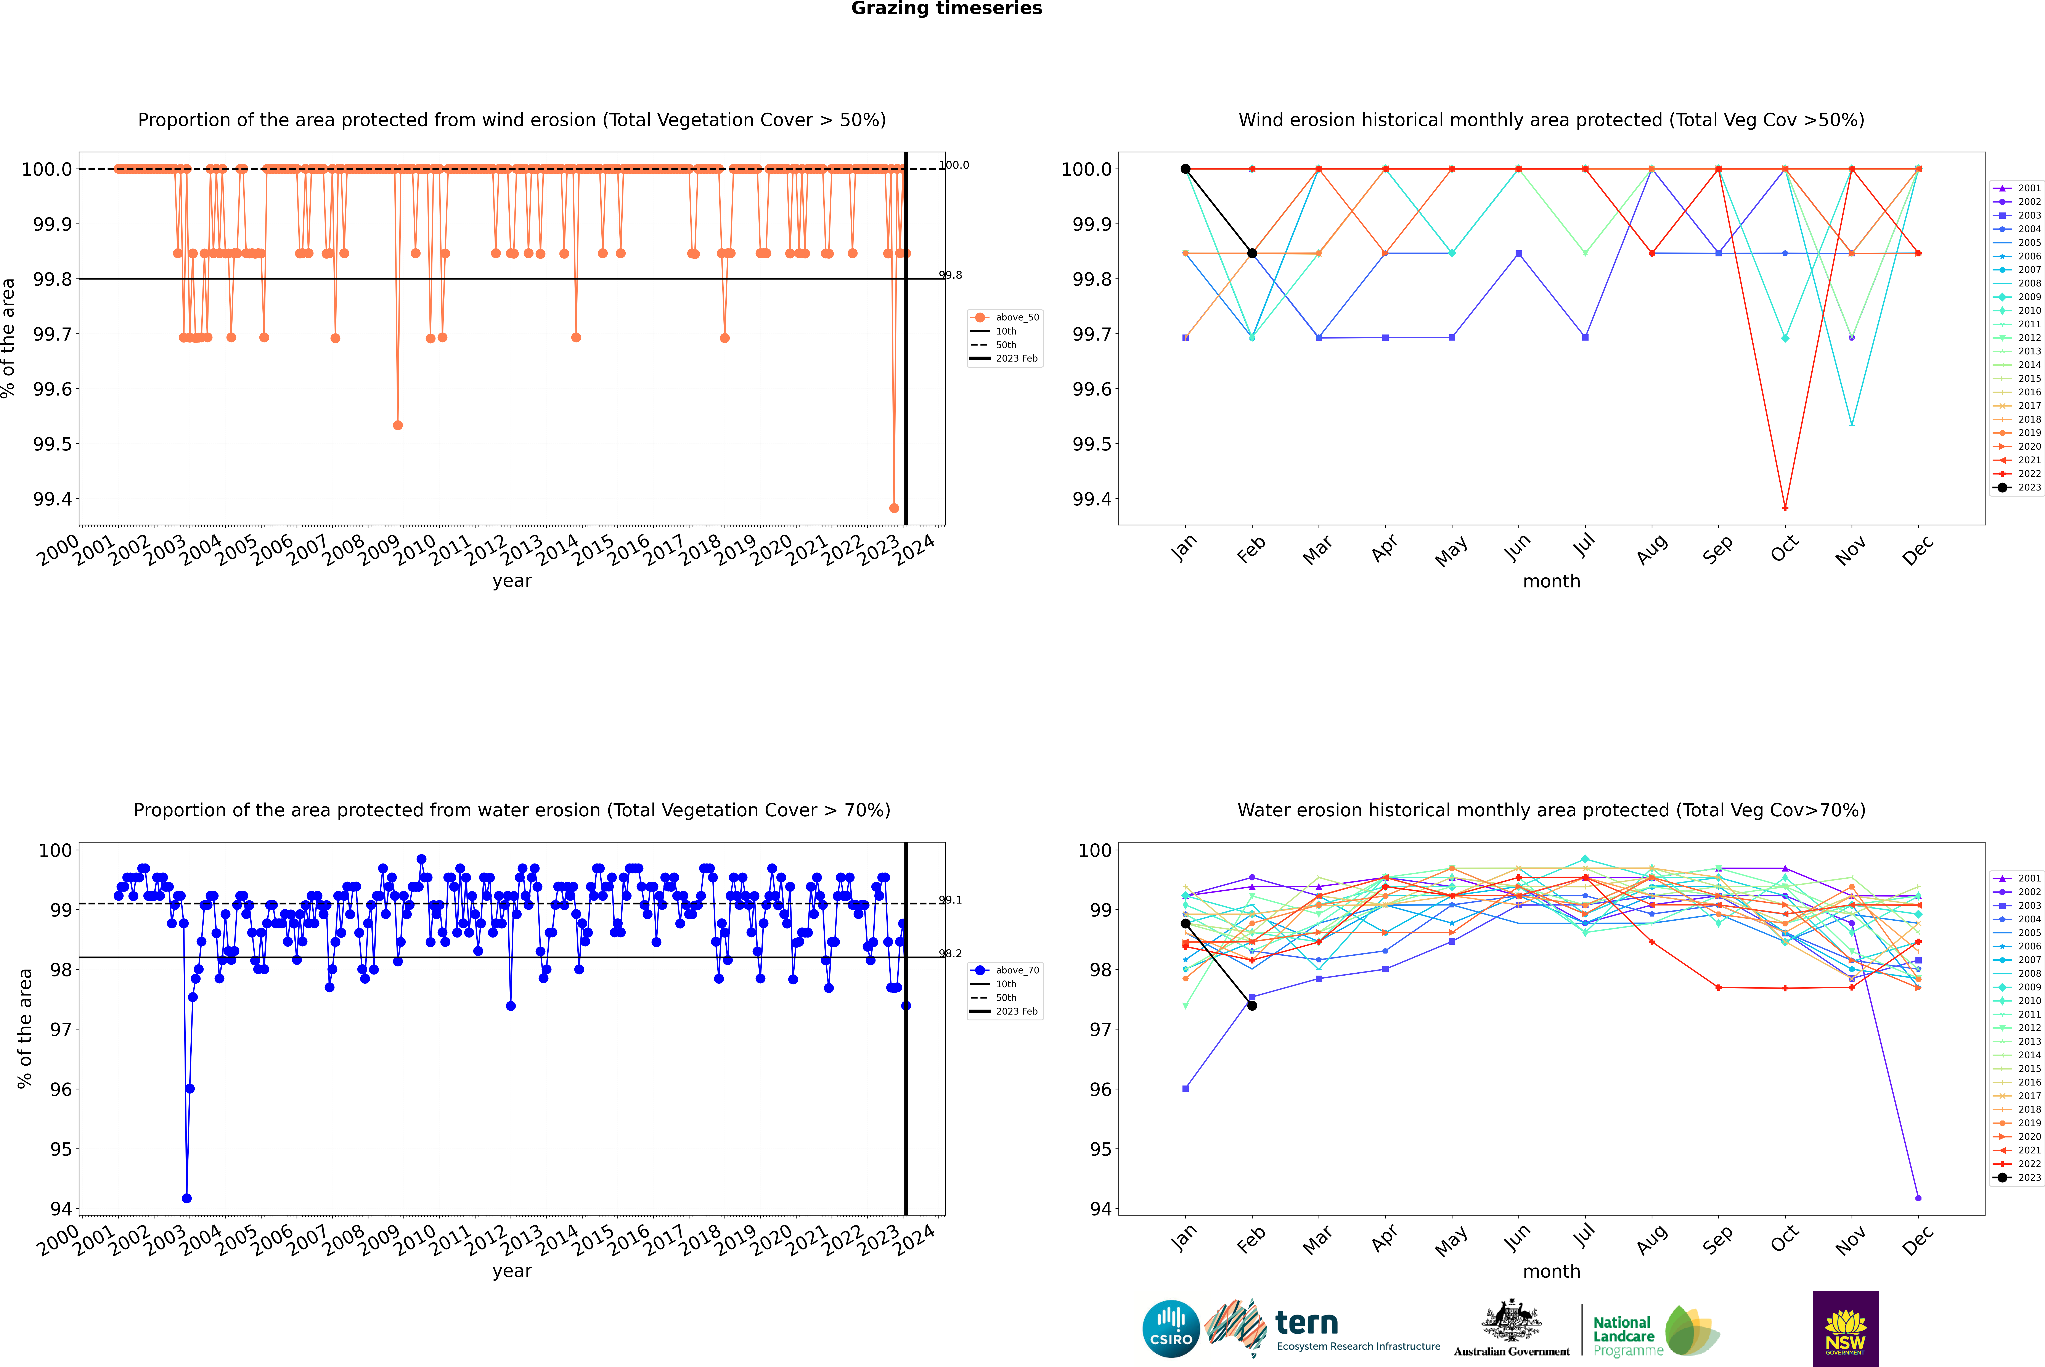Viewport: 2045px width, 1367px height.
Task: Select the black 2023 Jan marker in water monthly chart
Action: [x=1186, y=923]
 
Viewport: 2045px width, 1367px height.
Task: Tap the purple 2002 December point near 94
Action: [x=1918, y=1198]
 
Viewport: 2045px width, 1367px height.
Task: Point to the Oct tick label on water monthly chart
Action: [x=1784, y=1238]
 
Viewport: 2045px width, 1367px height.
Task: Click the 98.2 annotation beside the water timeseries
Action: [x=950, y=953]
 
